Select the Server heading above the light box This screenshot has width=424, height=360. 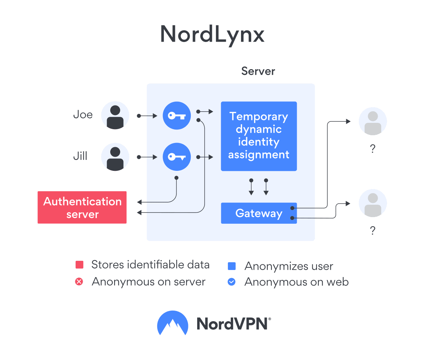(x=258, y=71)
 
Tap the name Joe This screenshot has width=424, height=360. (x=83, y=115)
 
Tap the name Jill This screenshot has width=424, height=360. (x=80, y=156)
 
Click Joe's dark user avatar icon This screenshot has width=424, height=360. (x=115, y=115)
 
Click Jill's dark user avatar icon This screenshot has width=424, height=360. (x=115, y=157)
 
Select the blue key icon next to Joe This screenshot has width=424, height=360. (x=177, y=115)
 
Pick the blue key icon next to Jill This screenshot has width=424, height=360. (x=177, y=157)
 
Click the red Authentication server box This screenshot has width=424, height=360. (x=82, y=208)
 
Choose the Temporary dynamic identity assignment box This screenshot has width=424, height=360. (x=259, y=136)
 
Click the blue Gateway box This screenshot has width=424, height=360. (x=259, y=213)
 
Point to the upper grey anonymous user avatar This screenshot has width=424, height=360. (x=373, y=121)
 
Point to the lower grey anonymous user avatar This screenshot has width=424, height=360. (x=373, y=203)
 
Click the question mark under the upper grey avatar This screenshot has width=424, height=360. (x=372, y=149)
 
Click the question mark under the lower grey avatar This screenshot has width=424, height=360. (x=372, y=231)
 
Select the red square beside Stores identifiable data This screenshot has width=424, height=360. (x=79, y=265)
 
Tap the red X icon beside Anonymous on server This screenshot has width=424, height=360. (x=79, y=282)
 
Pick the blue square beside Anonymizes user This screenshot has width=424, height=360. (x=231, y=266)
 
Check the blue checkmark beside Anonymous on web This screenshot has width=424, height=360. (x=231, y=282)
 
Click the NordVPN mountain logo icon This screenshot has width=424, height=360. (x=172, y=323)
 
